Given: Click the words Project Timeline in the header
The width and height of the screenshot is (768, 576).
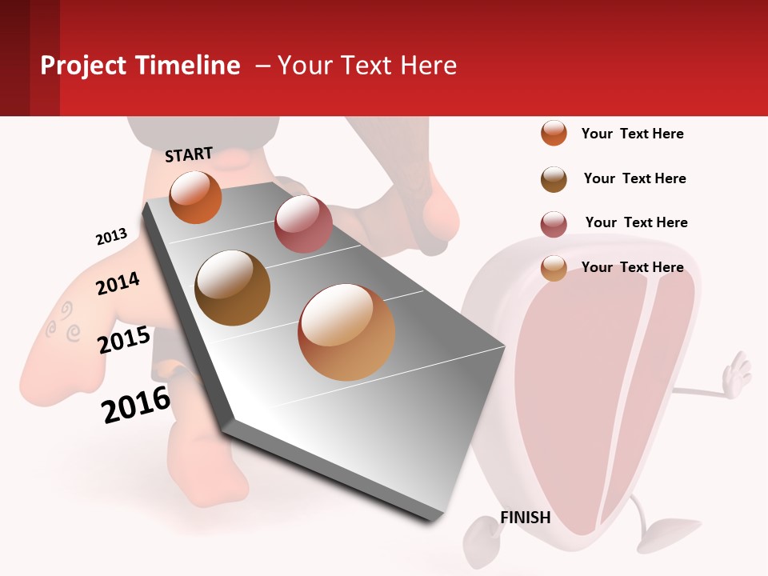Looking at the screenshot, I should [140, 66].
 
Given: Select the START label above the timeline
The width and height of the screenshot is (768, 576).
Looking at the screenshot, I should [189, 154].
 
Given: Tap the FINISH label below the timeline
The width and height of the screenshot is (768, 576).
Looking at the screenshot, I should [526, 518].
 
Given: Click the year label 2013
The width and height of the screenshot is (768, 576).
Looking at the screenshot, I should [111, 237].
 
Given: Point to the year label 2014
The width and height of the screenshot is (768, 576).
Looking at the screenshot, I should [118, 283].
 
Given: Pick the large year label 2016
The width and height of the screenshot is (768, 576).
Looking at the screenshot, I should [136, 405].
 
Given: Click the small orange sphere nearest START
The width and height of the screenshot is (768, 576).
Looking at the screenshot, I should [195, 197].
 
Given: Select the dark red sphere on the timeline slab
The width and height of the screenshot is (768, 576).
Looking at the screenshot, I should [303, 223].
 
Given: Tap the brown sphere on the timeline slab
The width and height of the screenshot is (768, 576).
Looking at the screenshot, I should [233, 288].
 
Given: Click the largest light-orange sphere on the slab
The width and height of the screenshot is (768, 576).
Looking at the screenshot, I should [346, 332].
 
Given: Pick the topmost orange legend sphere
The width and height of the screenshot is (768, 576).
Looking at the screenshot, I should [554, 133].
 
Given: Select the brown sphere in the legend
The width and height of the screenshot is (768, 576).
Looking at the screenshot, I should [554, 179].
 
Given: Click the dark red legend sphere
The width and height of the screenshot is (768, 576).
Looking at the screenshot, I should [554, 224].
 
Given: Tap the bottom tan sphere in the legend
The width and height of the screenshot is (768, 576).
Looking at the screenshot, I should [554, 268].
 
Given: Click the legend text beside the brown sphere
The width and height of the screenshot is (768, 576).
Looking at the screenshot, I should [634, 178].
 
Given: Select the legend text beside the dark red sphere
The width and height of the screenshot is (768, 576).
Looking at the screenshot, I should [636, 222].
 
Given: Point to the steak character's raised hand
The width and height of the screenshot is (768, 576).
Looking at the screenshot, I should [735, 376].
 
